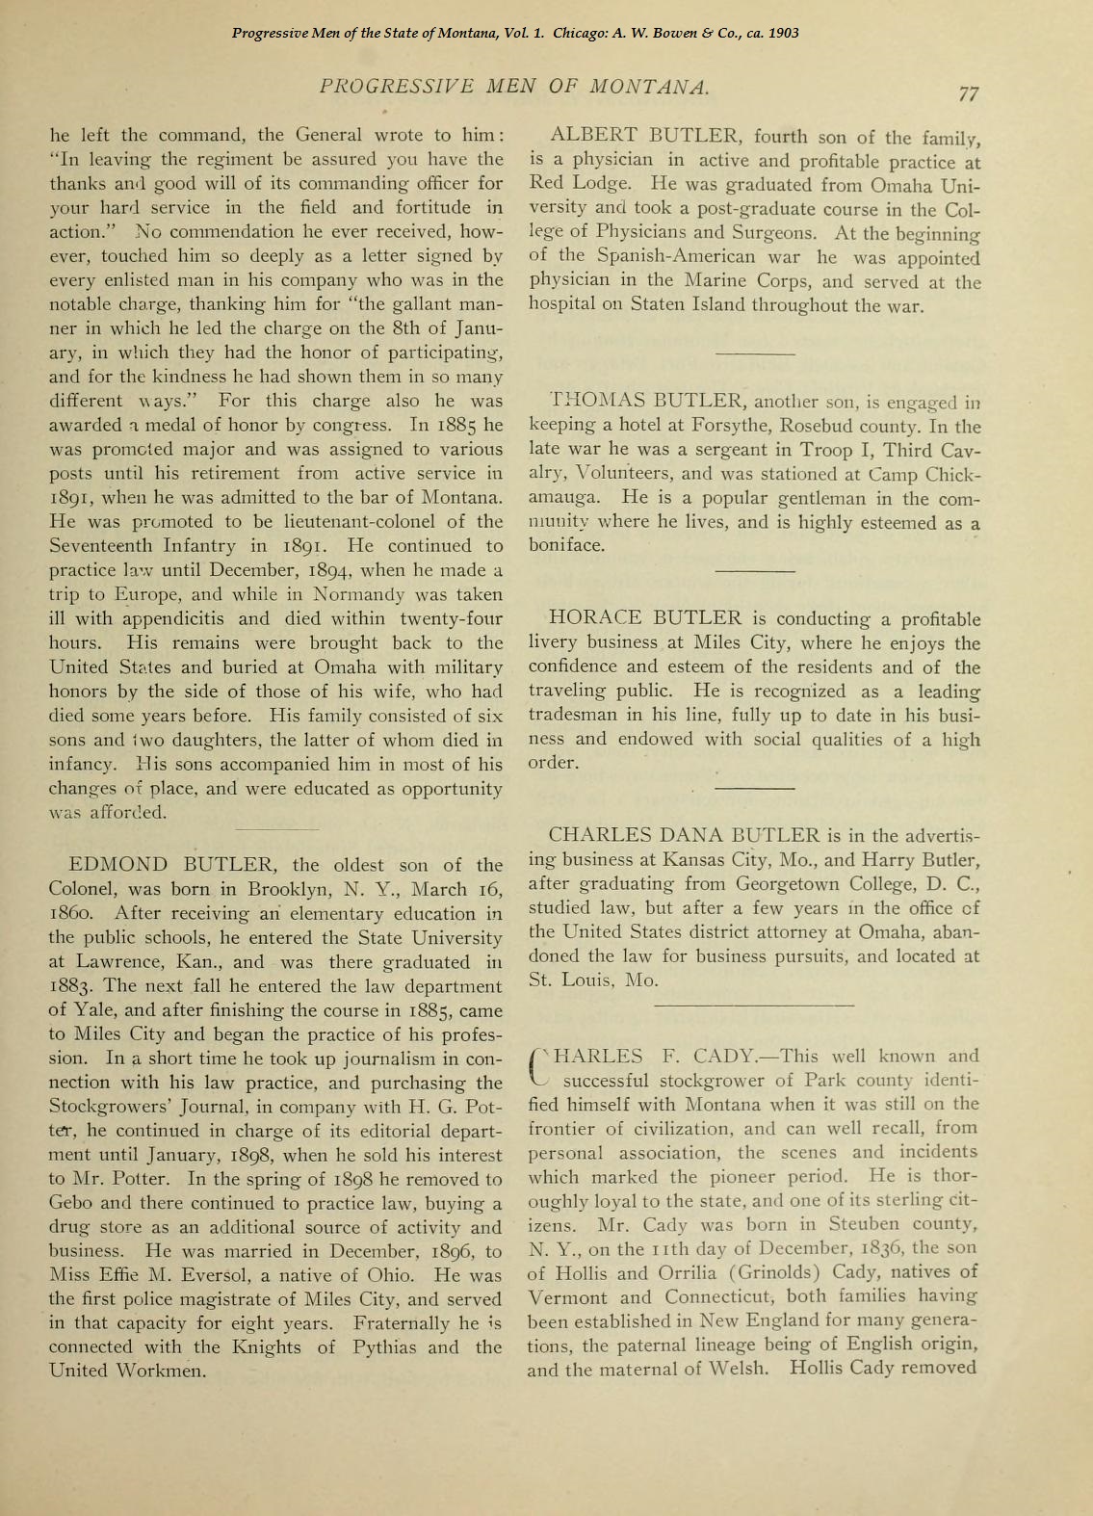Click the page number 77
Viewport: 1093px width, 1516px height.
coord(969,93)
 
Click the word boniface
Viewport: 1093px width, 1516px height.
coord(567,545)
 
